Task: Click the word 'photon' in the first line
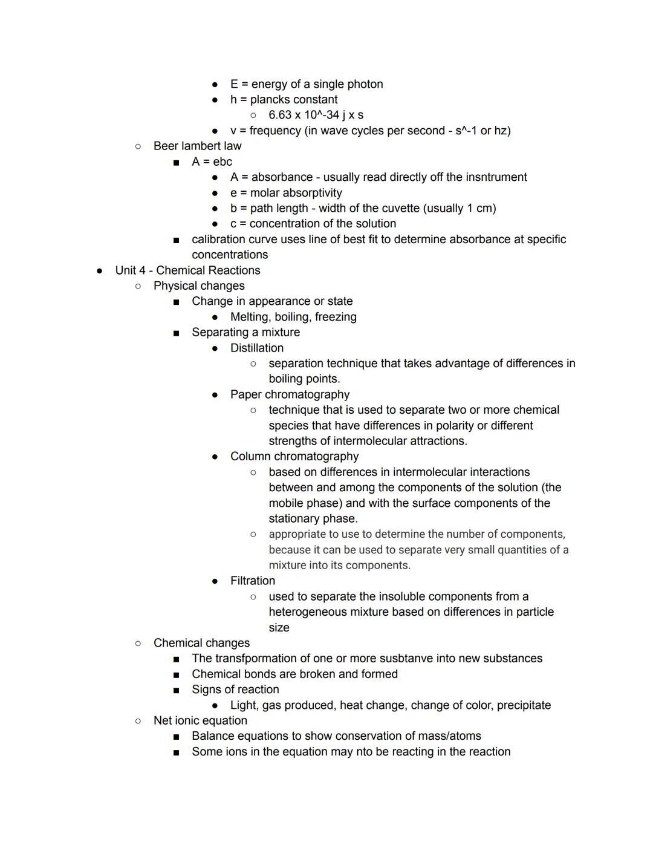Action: click(x=365, y=84)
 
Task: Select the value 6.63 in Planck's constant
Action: click(x=280, y=115)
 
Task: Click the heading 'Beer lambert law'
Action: click(x=197, y=146)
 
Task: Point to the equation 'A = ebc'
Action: click(x=212, y=161)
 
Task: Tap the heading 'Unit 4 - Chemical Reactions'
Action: click(x=187, y=270)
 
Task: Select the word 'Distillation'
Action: click(x=256, y=348)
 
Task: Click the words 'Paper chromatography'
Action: click(x=290, y=394)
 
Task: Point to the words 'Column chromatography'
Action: click(x=294, y=457)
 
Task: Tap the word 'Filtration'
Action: click(x=252, y=581)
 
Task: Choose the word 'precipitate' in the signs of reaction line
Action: click(x=521, y=705)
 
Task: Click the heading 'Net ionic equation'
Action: click(x=200, y=720)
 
